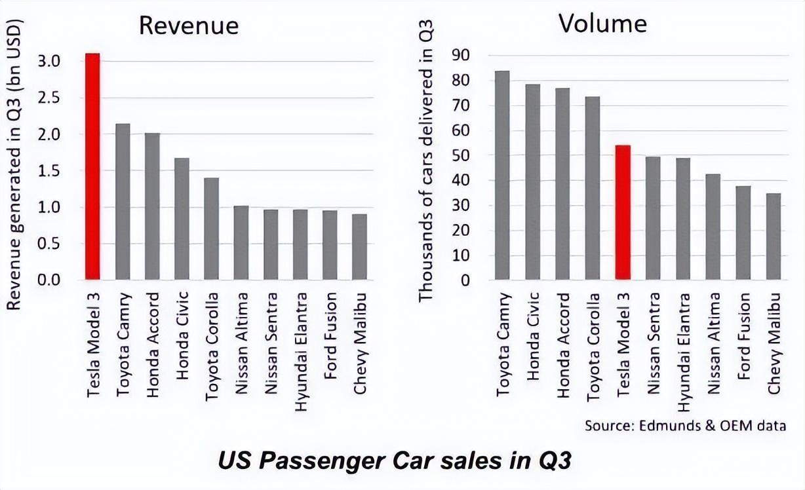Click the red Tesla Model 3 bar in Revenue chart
click(92, 166)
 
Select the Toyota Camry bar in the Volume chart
click(502, 176)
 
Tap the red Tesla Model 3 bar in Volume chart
click(623, 212)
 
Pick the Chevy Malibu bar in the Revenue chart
click(359, 247)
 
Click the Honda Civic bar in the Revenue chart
click(182, 219)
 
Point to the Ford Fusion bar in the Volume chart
click(743, 233)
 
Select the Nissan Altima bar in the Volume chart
click(713, 227)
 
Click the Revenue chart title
click(189, 26)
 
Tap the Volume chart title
click(602, 24)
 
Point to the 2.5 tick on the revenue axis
click(49, 98)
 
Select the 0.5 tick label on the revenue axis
click(49, 244)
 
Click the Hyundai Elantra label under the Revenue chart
click(301, 352)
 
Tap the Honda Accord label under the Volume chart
click(563, 345)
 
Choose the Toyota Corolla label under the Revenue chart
click(212, 347)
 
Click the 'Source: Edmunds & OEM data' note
click(685, 426)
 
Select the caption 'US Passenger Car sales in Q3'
click(395, 461)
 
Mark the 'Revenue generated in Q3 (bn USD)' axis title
click(14, 165)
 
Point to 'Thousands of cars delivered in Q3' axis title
click(426, 160)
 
